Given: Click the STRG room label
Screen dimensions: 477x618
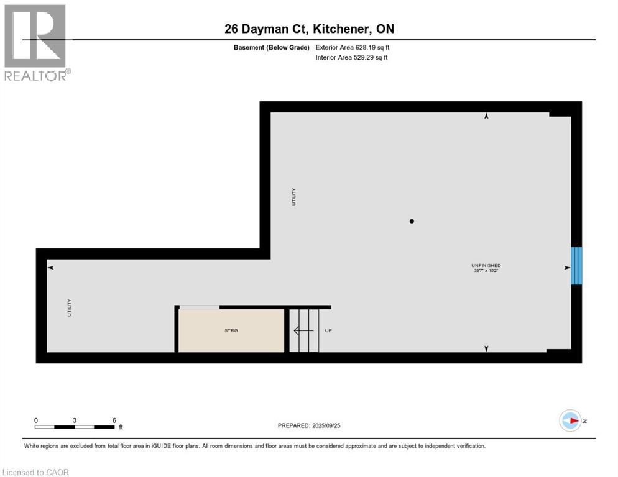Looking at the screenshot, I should click(x=231, y=330).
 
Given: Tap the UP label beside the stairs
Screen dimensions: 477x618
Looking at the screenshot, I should click(x=328, y=330).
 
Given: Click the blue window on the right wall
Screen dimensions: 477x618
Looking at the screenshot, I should click(x=576, y=265).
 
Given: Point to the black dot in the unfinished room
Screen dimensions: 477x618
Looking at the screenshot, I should click(x=412, y=221).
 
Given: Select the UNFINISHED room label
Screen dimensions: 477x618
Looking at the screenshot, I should click(x=486, y=265).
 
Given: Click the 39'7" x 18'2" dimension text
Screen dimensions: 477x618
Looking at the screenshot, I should click(x=486, y=271).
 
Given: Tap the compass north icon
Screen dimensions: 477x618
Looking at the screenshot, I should click(x=569, y=420).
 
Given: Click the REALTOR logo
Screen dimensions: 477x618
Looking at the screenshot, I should click(x=35, y=42).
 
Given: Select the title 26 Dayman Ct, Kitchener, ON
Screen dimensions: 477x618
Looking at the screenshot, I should click(x=309, y=29).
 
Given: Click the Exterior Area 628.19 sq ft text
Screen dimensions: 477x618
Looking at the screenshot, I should click(x=353, y=47).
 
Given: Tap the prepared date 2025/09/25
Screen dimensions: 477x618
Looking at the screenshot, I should click(x=310, y=425).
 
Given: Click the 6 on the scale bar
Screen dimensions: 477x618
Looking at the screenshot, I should click(x=114, y=420).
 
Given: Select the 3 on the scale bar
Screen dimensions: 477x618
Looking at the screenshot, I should click(x=75, y=420).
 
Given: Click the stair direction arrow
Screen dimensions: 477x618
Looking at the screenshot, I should click(x=303, y=331).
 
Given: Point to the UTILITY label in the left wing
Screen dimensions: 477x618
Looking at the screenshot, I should click(x=70, y=309).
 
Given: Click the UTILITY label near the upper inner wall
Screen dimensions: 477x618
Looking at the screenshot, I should click(x=294, y=197).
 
